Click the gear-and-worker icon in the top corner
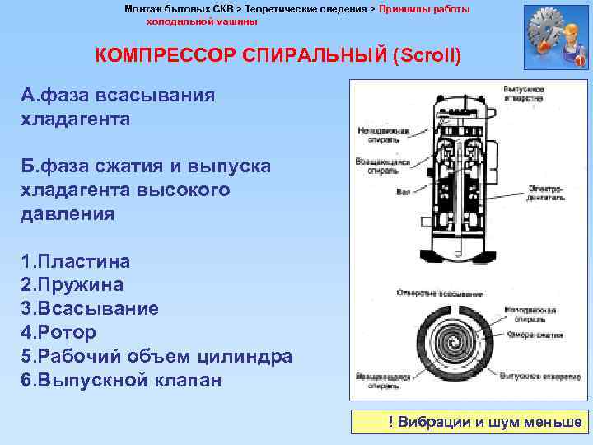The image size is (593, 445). coord(555,37)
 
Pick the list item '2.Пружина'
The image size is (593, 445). coord(72,285)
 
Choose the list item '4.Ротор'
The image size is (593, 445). coord(59,333)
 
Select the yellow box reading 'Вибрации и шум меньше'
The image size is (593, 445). coord(467,422)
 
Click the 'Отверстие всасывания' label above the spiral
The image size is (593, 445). coord(429,292)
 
